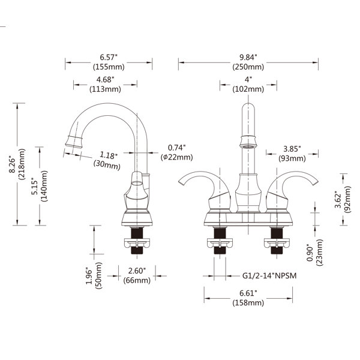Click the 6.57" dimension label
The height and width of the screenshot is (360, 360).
109,57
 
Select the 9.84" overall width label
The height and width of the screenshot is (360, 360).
248,57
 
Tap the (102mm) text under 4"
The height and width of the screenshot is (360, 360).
248,89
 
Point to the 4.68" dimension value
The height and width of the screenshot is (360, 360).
105,80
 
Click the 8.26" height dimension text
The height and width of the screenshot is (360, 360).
12,165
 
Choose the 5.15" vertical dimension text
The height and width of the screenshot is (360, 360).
35,186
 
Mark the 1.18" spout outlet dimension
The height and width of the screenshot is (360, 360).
108,155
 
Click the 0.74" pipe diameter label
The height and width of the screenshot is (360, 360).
176,148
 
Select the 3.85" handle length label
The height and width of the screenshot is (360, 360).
292,149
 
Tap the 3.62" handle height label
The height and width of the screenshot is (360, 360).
338,200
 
